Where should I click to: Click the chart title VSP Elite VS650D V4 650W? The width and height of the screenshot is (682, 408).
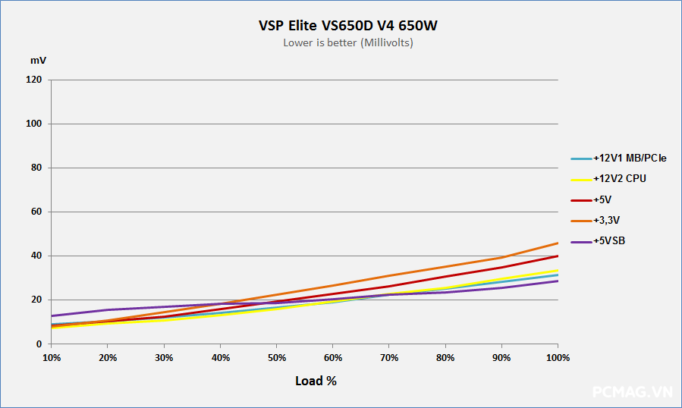pyautogui.click(x=348, y=26)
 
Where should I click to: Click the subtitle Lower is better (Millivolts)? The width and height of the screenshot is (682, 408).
pyautogui.click(x=348, y=43)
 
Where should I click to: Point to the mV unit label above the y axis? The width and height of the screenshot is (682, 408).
pyautogui.click(x=38, y=59)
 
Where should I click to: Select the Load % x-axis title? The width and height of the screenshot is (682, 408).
pyautogui.click(x=316, y=381)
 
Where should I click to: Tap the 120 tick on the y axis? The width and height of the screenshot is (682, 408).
pyautogui.click(x=35, y=80)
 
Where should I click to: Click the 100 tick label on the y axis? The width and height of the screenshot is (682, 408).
pyautogui.click(x=35, y=124)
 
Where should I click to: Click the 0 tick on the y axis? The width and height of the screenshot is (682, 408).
pyautogui.click(x=39, y=344)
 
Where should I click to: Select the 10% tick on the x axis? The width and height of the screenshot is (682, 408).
pyautogui.click(x=52, y=357)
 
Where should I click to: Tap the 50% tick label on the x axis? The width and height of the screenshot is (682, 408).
pyautogui.click(x=276, y=357)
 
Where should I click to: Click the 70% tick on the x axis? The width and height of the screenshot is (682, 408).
pyautogui.click(x=389, y=357)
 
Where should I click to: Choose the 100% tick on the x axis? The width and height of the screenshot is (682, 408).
pyautogui.click(x=558, y=357)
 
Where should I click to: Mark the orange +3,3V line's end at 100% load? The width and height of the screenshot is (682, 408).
pyautogui.click(x=558, y=243)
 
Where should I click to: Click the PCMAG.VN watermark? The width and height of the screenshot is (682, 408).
pyautogui.click(x=633, y=392)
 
